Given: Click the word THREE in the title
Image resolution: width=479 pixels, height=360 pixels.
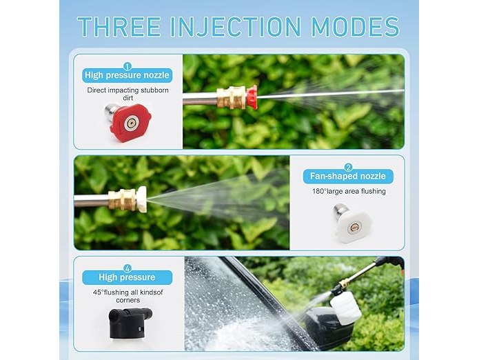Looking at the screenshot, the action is point(119,27).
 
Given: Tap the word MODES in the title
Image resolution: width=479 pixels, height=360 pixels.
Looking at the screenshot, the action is point(356,27).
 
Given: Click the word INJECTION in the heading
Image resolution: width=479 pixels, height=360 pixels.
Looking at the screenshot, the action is point(236,27).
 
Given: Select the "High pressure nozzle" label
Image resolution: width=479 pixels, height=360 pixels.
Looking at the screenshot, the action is point(127,75).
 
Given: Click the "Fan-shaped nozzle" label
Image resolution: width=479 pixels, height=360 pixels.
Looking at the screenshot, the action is point(348,177).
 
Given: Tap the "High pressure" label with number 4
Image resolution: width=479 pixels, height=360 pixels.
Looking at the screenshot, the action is point(127,277).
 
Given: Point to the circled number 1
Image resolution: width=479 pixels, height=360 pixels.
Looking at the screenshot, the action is point(128,66).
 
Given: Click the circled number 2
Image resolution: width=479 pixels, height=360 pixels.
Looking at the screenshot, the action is point(348,167).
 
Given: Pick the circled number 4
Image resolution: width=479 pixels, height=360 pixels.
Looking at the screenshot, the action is point(128,268).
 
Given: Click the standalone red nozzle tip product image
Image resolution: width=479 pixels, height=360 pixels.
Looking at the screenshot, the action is point(128,122).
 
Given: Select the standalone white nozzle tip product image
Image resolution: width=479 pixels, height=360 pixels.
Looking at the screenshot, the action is point(352,223).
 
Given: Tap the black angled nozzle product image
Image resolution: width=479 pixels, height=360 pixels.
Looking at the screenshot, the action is point(130,323).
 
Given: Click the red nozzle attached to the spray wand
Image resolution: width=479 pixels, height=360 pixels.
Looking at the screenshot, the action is point(252,97).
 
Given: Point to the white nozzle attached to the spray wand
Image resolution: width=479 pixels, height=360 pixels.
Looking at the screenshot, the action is point(141,199).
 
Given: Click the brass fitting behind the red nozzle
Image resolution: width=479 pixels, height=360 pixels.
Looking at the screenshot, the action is point(232,97).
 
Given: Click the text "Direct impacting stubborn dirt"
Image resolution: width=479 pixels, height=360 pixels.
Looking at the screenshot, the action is point(128,94).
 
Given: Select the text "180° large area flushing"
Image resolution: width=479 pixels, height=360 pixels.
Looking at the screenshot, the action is point(349,192).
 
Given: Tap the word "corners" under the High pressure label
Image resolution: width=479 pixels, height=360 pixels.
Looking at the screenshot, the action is point(128,301).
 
